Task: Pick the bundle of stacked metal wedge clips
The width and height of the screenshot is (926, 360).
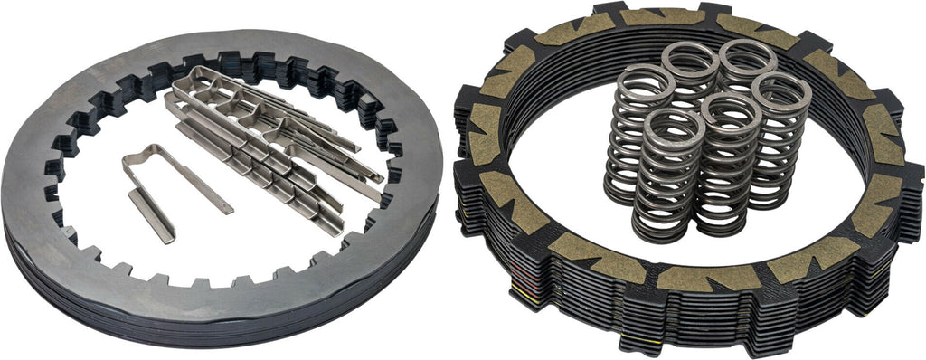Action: tap(271, 154)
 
